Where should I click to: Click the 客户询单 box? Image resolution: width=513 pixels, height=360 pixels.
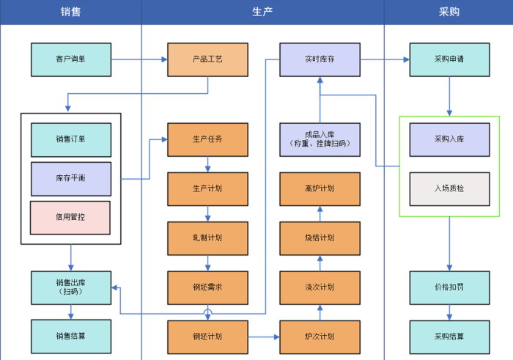coord(71,59)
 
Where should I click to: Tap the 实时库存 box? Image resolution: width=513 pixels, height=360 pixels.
coord(320,59)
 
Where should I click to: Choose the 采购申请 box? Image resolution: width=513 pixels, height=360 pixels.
coord(449,59)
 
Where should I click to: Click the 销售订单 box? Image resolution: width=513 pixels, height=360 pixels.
coord(71,139)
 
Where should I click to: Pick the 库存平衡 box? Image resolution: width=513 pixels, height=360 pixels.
coord(71,178)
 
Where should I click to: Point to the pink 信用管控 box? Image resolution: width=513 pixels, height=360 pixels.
coord(71,217)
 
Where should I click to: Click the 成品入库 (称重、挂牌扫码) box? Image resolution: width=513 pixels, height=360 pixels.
coord(320,139)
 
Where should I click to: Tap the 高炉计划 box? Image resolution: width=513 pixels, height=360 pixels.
coord(320,188)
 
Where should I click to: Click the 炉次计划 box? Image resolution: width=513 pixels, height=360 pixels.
coord(320,337)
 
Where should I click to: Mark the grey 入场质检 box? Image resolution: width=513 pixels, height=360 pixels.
coord(449,188)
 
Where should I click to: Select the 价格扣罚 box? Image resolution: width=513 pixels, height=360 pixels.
coord(449,287)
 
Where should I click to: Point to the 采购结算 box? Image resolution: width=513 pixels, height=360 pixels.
coord(449,337)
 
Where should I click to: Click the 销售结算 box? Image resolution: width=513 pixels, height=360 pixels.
coord(71,337)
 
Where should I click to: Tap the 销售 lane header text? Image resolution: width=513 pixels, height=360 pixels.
coord(70,12)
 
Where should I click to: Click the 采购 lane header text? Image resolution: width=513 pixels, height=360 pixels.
coord(449,12)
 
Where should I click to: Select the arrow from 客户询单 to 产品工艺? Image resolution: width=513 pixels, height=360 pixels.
coord(139,59)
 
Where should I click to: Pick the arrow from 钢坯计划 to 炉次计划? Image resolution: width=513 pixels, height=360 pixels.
coord(264,337)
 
